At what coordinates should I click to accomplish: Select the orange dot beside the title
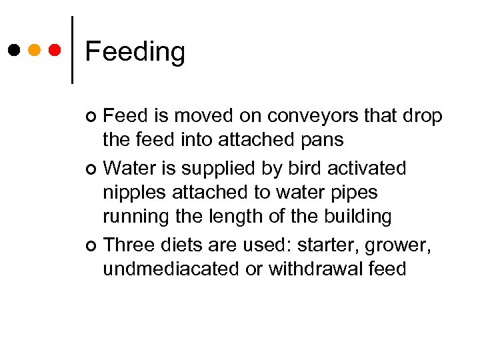coord(35,50)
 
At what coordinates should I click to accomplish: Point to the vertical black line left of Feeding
coord(72,50)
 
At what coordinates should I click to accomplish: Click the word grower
coord(399,245)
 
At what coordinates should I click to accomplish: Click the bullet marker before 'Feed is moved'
coord(92,117)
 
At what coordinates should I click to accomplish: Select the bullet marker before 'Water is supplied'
coord(92,168)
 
